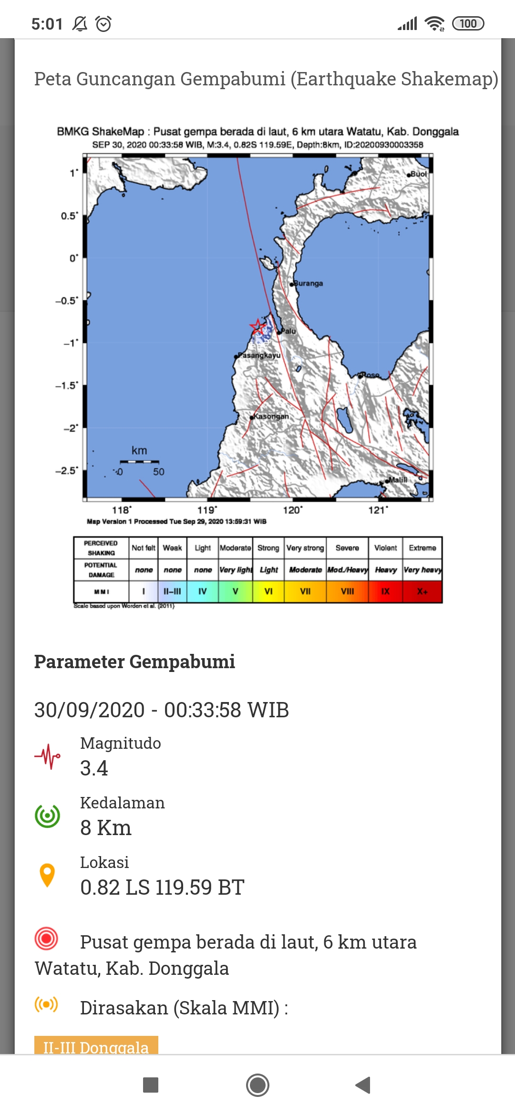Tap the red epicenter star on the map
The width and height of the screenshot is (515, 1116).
[x=257, y=327]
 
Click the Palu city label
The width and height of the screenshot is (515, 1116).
[x=288, y=331]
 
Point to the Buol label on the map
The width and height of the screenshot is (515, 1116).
[x=418, y=174]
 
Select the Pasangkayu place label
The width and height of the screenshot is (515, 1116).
[x=259, y=355]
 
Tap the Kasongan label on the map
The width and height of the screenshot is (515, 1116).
[x=271, y=416]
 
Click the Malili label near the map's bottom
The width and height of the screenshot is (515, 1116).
[x=397, y=480]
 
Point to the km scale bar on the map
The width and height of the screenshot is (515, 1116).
[x=139, y=462]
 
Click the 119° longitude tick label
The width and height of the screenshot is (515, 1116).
[x=207, y=510]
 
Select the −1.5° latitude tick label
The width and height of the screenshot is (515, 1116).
[x=67, y=385]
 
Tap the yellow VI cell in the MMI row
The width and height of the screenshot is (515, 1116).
[x=268, y=591]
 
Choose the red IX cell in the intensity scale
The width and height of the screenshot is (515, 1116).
[x=385, y=591]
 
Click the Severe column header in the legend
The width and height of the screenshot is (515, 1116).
[x=347, y=548]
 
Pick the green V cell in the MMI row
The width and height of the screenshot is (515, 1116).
[x=235, y=591]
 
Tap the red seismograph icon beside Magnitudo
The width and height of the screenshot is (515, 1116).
[x=47, y=756]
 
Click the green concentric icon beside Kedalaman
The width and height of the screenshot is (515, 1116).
[x=47, y=816]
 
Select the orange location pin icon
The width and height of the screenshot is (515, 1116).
[x=47, y=875]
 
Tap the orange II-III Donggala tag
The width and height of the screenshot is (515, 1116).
[x=96, y=1046]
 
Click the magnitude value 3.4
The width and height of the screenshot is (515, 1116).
[x=94, y=768]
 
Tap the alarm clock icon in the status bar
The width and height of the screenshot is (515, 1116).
[x=103, y=23]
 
